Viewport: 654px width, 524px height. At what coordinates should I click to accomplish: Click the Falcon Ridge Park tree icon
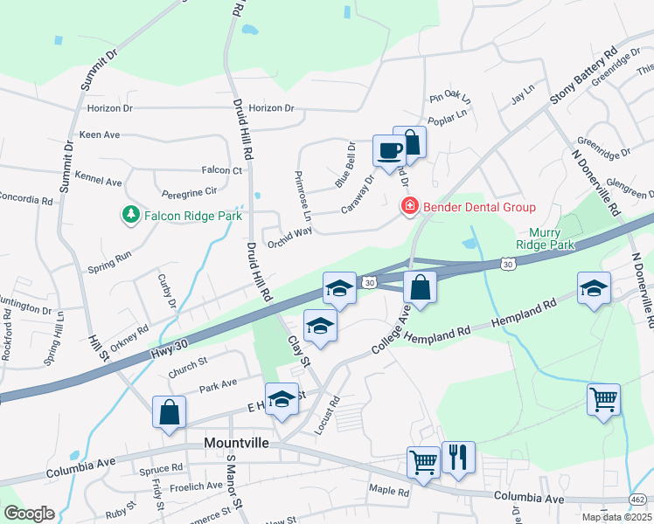[130, 213]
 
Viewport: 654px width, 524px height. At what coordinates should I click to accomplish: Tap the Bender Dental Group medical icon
[407, 207]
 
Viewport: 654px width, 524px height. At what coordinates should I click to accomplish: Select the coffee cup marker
[388, 150]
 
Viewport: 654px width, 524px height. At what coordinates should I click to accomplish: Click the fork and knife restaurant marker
[458, 457]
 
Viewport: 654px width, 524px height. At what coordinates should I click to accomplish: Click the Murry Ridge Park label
[552, 238]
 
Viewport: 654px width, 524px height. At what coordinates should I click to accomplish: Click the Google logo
[29, 514]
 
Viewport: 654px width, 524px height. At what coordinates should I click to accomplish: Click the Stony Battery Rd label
[582, 77]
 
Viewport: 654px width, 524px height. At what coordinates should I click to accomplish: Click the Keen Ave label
[99, 135]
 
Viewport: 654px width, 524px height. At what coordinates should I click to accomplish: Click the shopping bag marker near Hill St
[169, 412]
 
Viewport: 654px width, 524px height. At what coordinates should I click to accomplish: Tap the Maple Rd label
[389, 491]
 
